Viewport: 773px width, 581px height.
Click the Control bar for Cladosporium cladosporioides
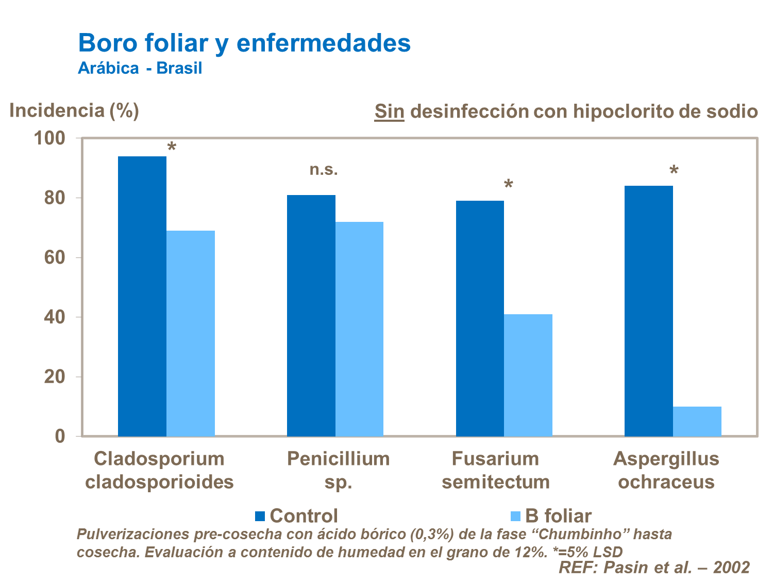(x=142, y=296)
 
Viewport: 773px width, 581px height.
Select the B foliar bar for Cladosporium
(x=191, y=333)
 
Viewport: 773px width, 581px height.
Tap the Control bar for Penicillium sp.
(x=311, y=315)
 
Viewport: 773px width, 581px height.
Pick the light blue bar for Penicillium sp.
(x=359, y=329)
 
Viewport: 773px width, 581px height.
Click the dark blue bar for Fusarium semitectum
(x=480, y=318)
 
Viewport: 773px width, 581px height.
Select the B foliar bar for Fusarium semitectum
(x=528, y=375)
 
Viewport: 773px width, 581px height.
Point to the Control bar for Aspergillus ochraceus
(x=649, y=311)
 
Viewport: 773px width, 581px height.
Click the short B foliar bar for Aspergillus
(x=697, y=422)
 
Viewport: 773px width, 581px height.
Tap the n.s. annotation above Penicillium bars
(x=324, y=169)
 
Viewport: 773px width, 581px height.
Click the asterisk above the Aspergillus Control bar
(x=674, y=171)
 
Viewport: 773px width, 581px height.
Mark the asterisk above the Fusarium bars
(x=508, y=185)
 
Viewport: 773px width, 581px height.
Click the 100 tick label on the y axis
(x=49, y=138)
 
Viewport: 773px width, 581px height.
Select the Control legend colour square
(x=260, y=516)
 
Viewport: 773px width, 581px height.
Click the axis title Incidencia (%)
(x=74, y=110)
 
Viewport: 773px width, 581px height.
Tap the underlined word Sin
(x=389, y=111)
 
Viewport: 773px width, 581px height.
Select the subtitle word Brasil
(x=179, y=68)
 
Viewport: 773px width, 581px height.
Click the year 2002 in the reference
(x=731, y=568)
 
